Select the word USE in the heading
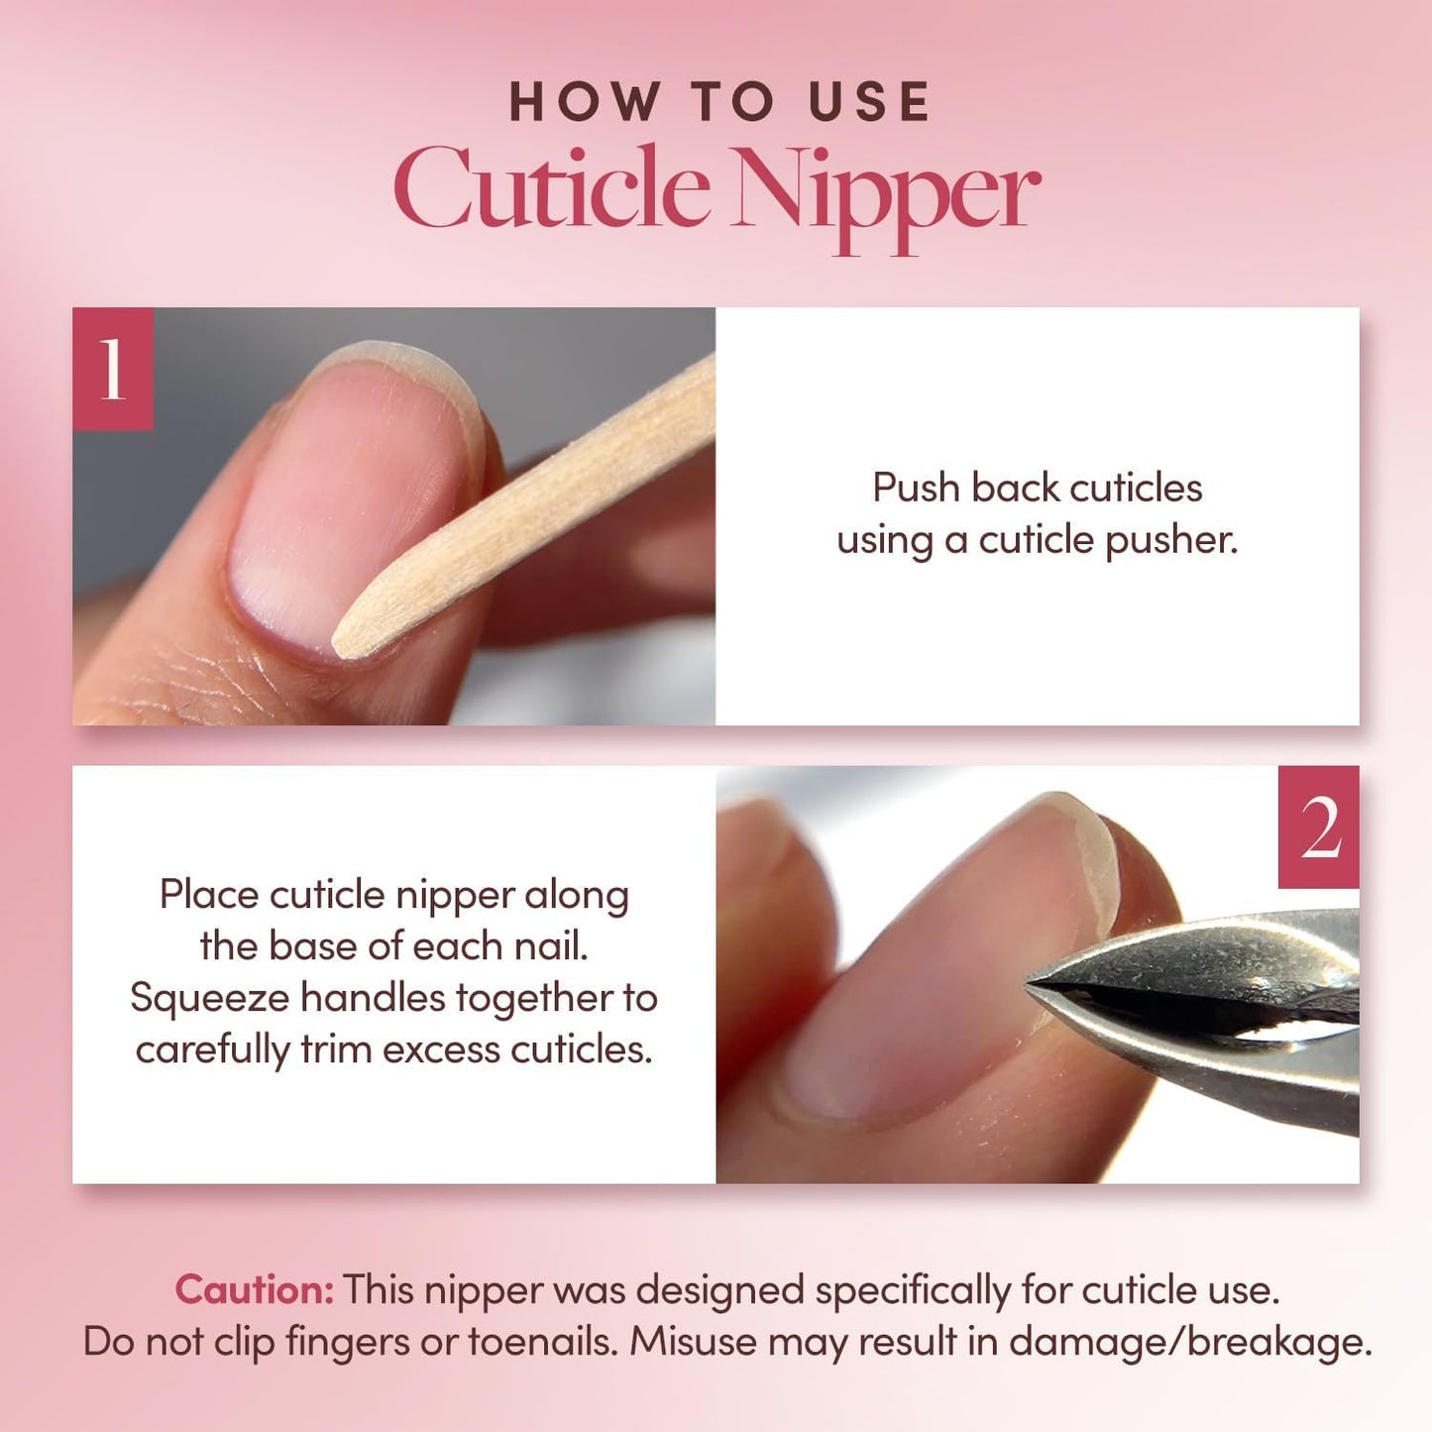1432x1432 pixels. (x=869, y=101)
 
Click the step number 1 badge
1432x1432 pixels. (x=113, y=369)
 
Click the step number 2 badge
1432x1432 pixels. (x=1318, y=827)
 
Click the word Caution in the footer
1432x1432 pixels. (x=254, y=1289)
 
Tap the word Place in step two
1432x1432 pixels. (x=209, y=895)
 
